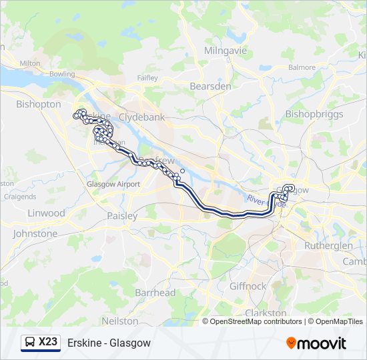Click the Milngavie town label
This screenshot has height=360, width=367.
226,51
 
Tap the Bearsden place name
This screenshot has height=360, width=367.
210,87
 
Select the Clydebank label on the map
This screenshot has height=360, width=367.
141,117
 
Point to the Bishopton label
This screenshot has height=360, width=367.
39,105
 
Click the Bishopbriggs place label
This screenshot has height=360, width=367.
314,114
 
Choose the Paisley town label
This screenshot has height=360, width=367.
122,216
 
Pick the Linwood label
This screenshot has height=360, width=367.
47,213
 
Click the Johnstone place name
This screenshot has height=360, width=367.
35,234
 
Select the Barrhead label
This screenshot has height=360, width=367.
155,293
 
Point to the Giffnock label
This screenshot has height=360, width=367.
248,286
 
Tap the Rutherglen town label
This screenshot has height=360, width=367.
328,245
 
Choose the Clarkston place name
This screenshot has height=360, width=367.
266,313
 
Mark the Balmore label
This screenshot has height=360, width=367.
302,67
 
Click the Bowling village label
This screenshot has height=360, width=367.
62,74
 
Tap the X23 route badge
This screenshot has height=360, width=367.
41,343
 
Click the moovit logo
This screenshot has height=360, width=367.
316,343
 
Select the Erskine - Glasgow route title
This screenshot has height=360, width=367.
109,343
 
